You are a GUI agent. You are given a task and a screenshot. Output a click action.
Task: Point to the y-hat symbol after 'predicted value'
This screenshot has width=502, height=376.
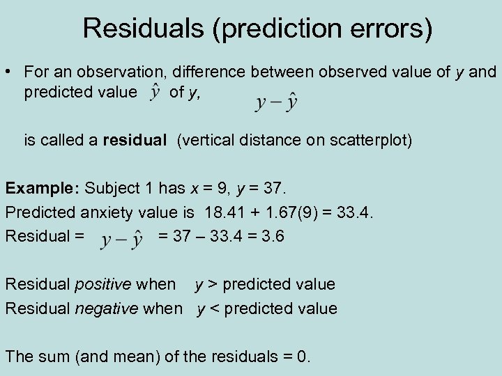click(x=156, y=91)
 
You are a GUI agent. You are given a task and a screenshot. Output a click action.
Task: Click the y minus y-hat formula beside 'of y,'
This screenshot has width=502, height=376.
click(x=276, y=103)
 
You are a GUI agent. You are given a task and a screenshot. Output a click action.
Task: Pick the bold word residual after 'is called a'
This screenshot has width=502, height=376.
click(x=134, y=141)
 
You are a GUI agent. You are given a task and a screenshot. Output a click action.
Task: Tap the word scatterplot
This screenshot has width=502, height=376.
click(x=372, y=141)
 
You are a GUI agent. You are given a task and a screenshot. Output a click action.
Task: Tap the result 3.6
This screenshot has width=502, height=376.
click(x=271, y=236)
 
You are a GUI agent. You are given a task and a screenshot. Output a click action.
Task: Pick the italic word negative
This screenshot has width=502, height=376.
click(x=106, y=308)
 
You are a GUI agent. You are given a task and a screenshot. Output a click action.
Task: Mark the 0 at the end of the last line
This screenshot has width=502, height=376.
click(x=301, y=357)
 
